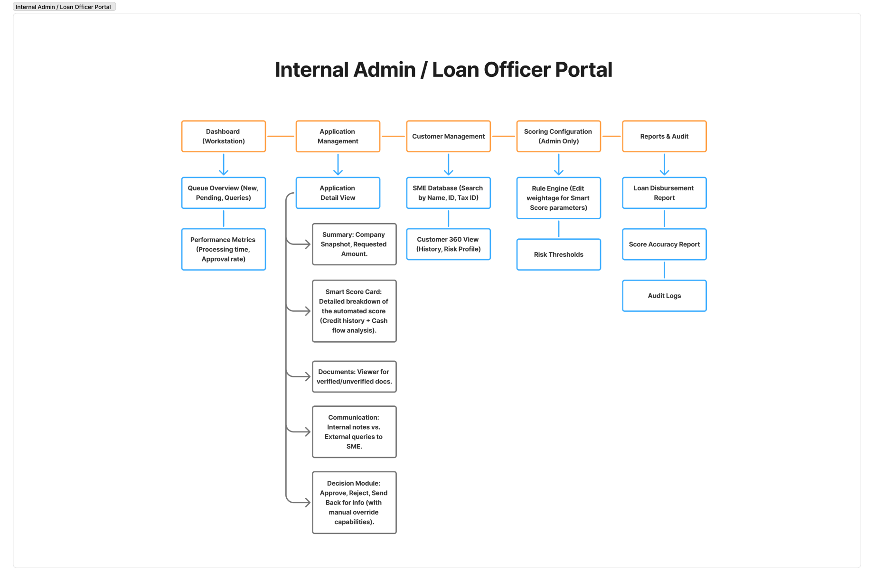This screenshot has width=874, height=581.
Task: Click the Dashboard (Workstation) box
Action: [223, 136]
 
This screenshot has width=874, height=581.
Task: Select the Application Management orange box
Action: [338, 136]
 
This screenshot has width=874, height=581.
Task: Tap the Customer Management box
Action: [448, 136]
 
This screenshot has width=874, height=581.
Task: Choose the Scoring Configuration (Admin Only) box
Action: [558, 136]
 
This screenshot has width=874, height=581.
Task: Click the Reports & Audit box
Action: [664, 136]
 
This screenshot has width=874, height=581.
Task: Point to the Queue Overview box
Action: [223, 193]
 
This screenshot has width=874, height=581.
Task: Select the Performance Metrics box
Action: [223, 249]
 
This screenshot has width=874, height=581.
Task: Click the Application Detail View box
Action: [338, 193]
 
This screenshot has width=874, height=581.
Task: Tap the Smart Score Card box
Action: [354, 311]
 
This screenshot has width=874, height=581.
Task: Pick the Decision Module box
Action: [354, 502]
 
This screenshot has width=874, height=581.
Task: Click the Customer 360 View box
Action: [448, 244]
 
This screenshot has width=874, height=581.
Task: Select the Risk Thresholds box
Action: [558, 254]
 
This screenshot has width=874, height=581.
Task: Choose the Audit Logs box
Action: [664, 296]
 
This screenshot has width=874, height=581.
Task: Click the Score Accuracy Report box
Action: [664, 244]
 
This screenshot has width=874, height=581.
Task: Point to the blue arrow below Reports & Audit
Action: [664, 164]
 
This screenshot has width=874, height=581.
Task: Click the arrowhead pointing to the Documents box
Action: [307, 376]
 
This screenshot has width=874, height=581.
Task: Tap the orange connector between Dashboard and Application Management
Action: [281, 136]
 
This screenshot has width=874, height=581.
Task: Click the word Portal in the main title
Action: [583, 70]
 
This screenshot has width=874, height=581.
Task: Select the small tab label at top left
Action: [64, 7]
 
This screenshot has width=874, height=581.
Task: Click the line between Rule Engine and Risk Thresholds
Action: [558, 228]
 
